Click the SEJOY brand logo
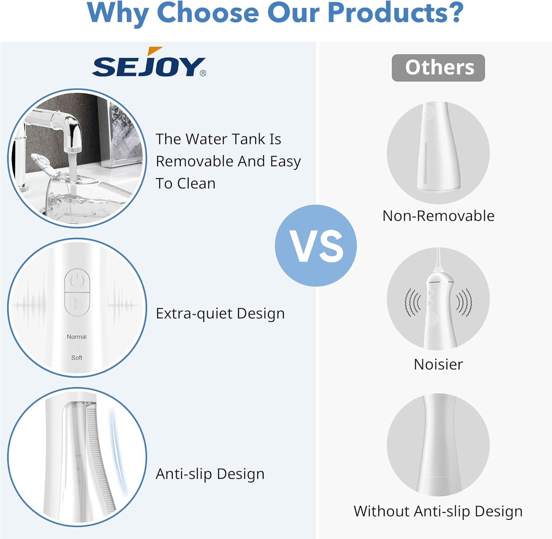pos(149,62)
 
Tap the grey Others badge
pos(438,68)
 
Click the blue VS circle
pos(316,246)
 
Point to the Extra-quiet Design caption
pos(220,314)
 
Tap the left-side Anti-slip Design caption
pos(210,474)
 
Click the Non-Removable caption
pos(438,216)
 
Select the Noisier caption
pos(438,364)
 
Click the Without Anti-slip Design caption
pos(438,511)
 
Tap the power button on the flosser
pos(77,281)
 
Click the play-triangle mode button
pos(77,304)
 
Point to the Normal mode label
pos(77,337)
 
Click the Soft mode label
pos(77,358)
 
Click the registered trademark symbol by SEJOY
pos(203,73)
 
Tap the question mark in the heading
pos(455,13)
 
